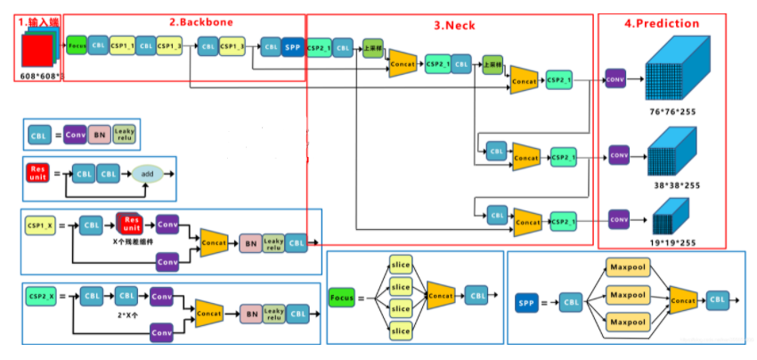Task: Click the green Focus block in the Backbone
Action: point(77,45)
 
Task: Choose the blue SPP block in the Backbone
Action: point(292,46)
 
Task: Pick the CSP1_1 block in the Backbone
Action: point(123,45)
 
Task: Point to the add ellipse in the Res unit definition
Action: point(147,175)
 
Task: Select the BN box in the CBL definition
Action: point(100,135)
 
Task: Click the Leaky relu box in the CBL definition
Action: point(125,135)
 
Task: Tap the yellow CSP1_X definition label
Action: point(42,226)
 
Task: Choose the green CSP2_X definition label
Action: point(42,295)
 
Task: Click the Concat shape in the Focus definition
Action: point(440,294)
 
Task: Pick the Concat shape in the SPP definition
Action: point(683,300)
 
